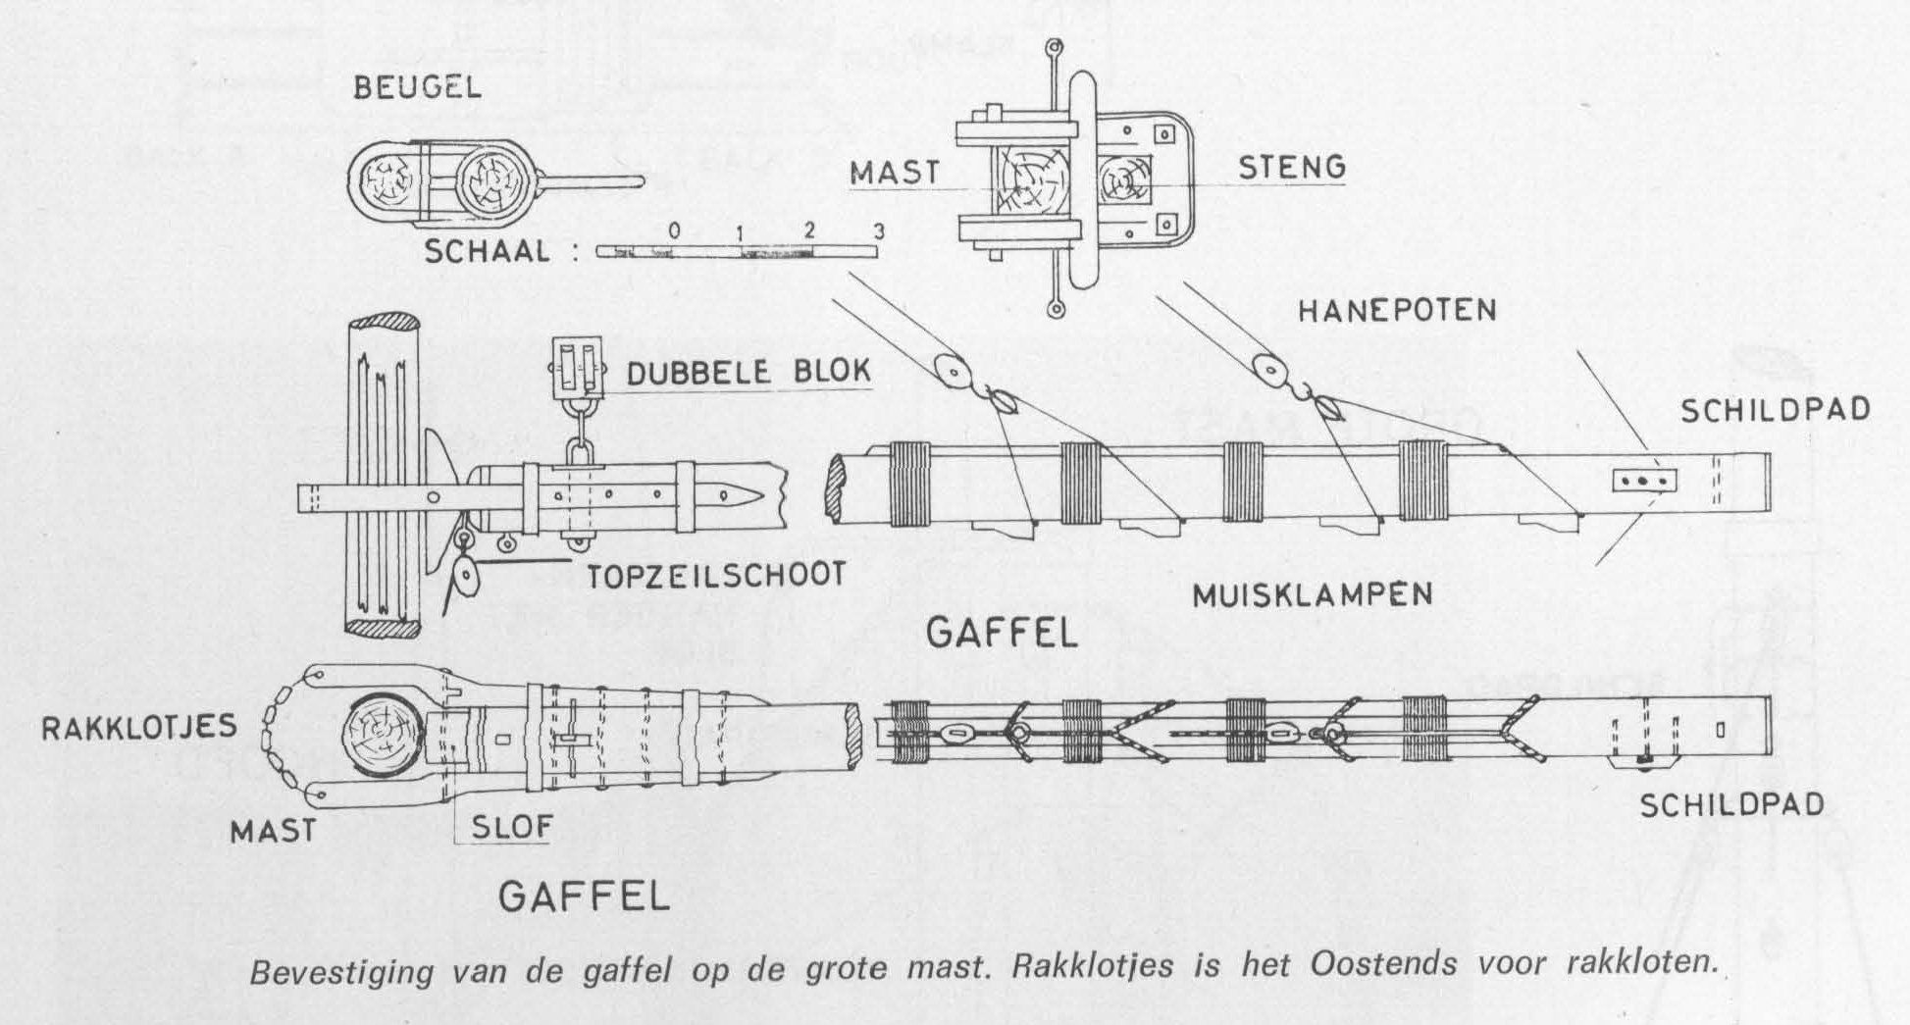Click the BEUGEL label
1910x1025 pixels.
click(x=417, y=87)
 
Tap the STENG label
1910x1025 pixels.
click(x=1291, y=168)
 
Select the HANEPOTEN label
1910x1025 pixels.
click(x=1397, y=311)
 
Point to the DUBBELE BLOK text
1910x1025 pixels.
click(x=748, y=373)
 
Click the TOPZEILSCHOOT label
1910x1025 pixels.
click(x=716, y=575)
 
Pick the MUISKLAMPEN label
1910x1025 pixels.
click(x=1313, y=593)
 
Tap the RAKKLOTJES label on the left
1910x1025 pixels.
click(x=139, y=727)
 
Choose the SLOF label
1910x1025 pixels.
click(x=512, y=827)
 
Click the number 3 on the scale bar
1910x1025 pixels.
click(x=879, y=231)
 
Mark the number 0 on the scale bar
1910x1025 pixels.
click(x=674, y=230)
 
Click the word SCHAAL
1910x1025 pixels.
click(x=488, y=252)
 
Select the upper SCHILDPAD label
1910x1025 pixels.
click(x=1775, y=410)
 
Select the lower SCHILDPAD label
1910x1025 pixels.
click(x=1731, y=805)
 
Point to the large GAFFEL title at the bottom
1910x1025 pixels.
click(x=584, y=896)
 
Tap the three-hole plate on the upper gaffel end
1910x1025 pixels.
click(x=1645, y=481)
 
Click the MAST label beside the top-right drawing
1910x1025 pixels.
click(x=895, y=174)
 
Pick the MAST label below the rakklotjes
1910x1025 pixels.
click(x=273, y=832)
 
